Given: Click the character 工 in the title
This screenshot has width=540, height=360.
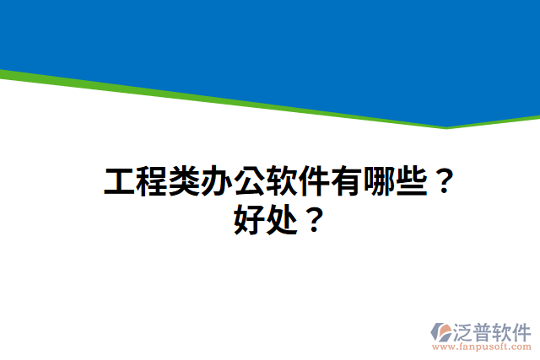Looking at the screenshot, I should click(x=119, y=182).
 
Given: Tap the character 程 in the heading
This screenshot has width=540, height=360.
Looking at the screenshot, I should click(x=152, y=182).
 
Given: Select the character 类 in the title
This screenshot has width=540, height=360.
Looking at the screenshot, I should click(x=184, y=182).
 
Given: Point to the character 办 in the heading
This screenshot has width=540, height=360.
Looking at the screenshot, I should click(x=217, y=182).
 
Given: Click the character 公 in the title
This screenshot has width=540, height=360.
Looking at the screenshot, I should click(x=250, y=182).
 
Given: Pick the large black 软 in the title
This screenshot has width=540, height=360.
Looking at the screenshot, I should click(x=282, y=182).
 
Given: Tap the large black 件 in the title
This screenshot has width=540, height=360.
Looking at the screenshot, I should click(x=315, y=182).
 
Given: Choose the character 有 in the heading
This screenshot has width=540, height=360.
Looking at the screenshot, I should click(x=347, y=182).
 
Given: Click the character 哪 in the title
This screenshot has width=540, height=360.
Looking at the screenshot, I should click(x=380, y=182).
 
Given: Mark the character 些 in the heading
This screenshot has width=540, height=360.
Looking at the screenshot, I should click(x=412, y=182).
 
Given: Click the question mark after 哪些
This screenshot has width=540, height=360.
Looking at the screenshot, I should click(x=443, y=182).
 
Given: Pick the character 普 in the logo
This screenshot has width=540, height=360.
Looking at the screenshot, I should click(x=485, y=330).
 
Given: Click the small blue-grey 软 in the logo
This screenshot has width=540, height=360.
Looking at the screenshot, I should click(x=504, y=330).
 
